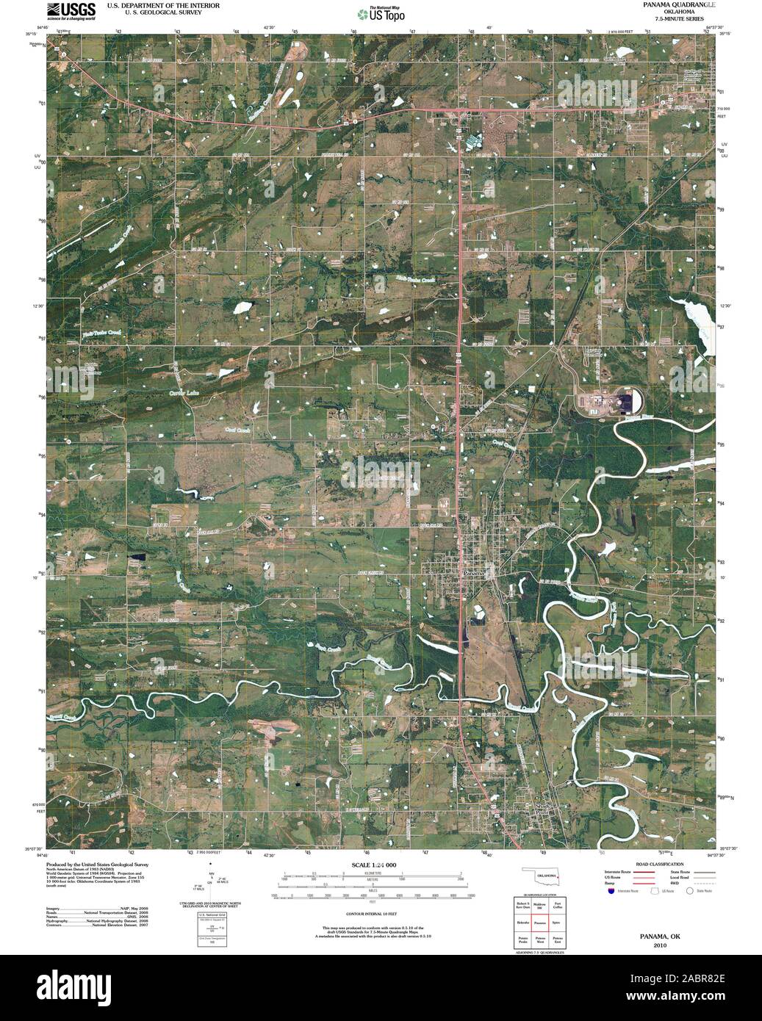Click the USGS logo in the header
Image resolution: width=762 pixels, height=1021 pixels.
[71, 10]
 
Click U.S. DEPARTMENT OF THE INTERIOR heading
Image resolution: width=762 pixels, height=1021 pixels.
[154, 4]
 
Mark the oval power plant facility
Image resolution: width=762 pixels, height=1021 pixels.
[609, 403]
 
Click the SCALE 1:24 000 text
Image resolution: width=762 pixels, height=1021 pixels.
[373, 865]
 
